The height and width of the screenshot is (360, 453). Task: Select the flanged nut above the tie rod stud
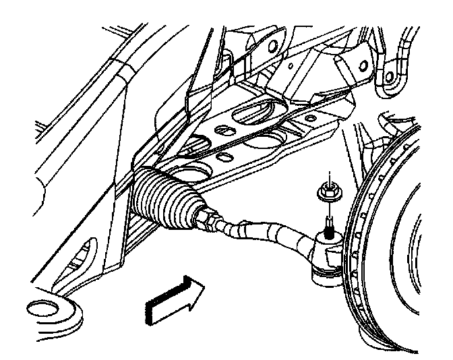click(327, 193)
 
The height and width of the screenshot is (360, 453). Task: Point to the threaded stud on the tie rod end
click(328, 223)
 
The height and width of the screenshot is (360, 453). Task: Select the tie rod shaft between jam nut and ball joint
click(263, 231)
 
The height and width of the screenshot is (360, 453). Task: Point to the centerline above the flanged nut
click(326, 177)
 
